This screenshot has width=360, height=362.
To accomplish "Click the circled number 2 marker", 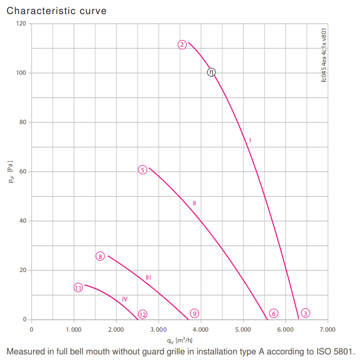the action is pyautogui.click(x=182, y=44).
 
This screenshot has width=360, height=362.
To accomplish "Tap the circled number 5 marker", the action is pyautogui.click(x=142, y=170).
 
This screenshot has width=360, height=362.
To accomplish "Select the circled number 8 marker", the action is pyautogui.click(x=100, y=256).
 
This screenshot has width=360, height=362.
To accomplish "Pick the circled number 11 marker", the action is pyautogui.click(x=78, y=288).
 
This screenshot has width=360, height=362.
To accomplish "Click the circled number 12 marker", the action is pyautogui.click(x=142, y=314).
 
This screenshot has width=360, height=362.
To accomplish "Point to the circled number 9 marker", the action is pyautogui.click(x=194, y=313).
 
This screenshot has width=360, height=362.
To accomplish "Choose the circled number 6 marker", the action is pyautogui.click(x=274, y=313).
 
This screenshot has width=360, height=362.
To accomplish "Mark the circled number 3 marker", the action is pyautogui.click(x=305, y=313).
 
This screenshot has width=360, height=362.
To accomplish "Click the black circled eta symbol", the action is pyautogui.click(x=211, y=72).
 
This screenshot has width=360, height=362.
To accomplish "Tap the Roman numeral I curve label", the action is pyautogui.click(x=250, y=140).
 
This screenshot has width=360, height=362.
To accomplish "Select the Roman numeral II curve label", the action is pyautogui.click(x=194, y=203).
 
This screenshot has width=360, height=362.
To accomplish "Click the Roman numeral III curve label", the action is pyautogui.click(x=148, y=277).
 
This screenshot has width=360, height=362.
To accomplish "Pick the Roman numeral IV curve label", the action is pyautogui.click(x=125, y=299).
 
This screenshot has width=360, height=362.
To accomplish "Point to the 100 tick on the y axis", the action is pyautogui.click(x=21, y=73).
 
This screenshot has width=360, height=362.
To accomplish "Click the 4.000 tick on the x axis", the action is pyautogui.click(x=201, y=329).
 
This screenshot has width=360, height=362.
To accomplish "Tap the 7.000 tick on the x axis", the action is pyautogui.click(x=328, y=329).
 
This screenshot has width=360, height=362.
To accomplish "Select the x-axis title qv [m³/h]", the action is pyautogui.click(x=180, y=340).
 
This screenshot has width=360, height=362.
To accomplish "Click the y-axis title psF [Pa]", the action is pyautogui.click(x=11, y=172).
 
